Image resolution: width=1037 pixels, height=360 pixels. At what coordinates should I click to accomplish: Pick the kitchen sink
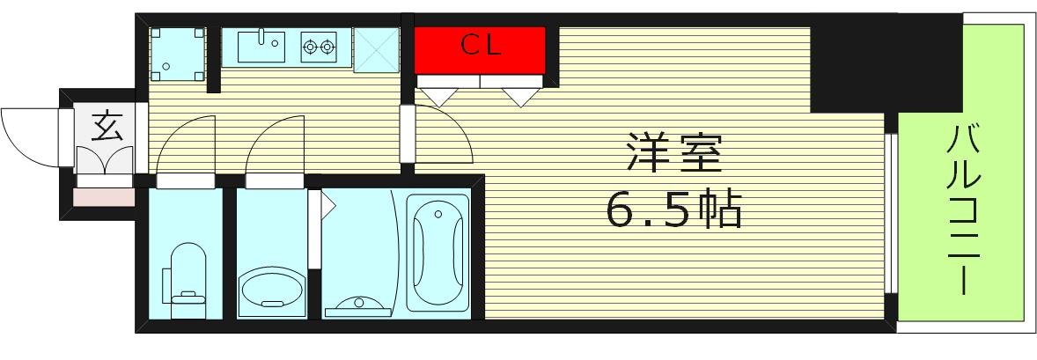[260, 46]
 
